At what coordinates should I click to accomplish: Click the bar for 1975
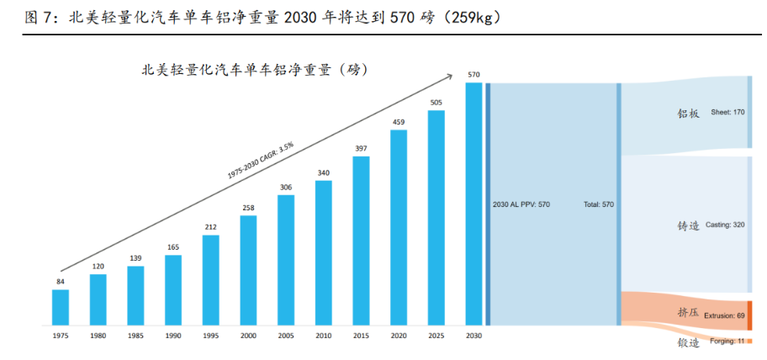[x=61, y=307]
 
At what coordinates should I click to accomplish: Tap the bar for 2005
[x=286, y=260]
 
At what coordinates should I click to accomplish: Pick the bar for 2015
[x=362, y=241]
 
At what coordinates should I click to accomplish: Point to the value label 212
[x=210, y=227]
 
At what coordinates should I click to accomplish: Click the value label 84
[x=61, y=281]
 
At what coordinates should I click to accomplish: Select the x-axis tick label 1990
[x=173, y=336]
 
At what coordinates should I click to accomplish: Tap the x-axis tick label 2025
[x=436, y=336]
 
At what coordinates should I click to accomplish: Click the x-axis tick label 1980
[x=98, y=336]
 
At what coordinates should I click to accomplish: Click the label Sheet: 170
[x=727, y=113]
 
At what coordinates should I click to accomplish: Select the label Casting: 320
[x=725, y=225]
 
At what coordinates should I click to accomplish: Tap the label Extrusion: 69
[x=724, y=315]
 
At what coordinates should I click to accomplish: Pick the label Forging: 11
[x=727, y=341]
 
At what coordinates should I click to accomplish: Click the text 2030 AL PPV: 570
[x=521, y=204]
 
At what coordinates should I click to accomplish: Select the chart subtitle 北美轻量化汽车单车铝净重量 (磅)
[x=256, y=69]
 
